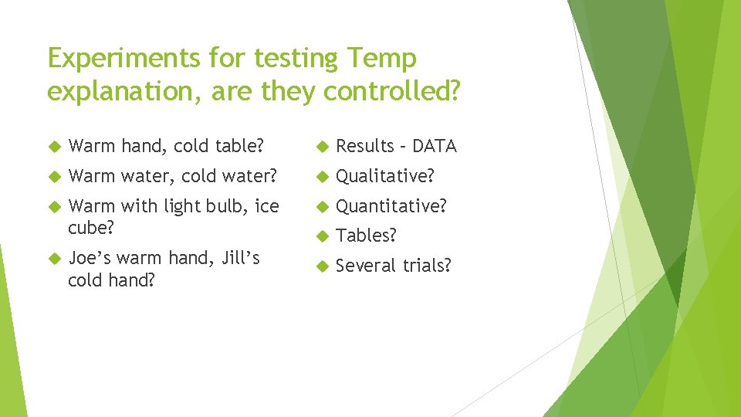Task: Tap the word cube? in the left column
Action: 90,228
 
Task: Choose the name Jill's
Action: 240,258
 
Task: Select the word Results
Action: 364,146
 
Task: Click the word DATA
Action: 435,146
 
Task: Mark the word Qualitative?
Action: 384,176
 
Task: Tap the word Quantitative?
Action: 391,206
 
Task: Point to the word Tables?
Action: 366,236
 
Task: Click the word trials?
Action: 424,266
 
